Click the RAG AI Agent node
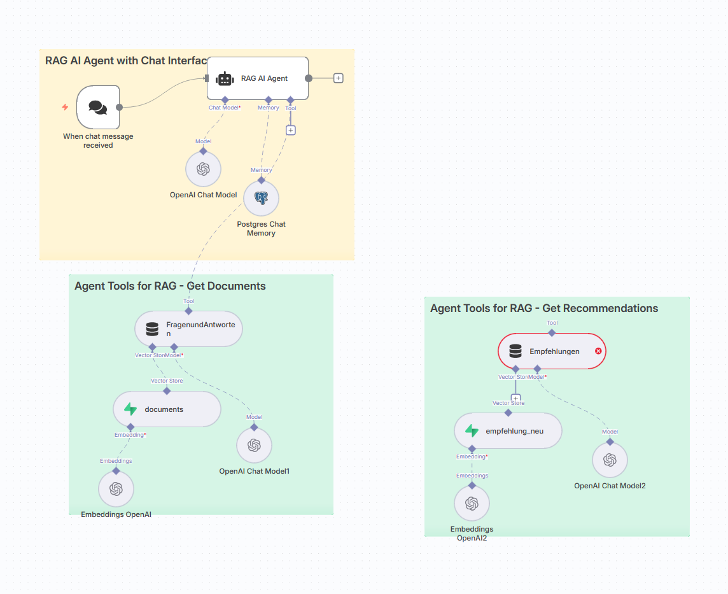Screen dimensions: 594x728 (258, 78)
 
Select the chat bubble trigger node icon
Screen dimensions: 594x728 (98, 107)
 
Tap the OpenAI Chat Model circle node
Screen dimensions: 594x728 (203, 169)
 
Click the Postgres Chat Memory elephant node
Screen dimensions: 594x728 (261, 198)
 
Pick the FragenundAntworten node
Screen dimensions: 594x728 (188, 329)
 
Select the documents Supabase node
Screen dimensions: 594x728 (167, 409)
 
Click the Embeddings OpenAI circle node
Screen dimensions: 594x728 (116, 489)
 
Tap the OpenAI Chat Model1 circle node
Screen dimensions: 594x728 (254, 445)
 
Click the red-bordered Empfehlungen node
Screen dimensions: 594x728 (551, 351)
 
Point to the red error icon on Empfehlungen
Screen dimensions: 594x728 (598, 351)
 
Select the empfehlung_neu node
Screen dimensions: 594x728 (508, 431)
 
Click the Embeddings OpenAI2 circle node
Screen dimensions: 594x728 (472, 504)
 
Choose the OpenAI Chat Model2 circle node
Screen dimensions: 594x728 (610, 460)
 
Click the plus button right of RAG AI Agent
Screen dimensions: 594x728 (339, 78)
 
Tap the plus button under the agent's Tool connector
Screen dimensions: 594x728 (291, 130)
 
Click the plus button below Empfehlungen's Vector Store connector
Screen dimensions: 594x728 (515, 399)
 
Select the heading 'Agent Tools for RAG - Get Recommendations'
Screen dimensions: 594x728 (544, 308)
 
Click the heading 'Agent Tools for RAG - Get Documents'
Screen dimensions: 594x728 (170, 286)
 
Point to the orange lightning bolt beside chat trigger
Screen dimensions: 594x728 (65, 107)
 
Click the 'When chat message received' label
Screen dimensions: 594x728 (98, 141)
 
